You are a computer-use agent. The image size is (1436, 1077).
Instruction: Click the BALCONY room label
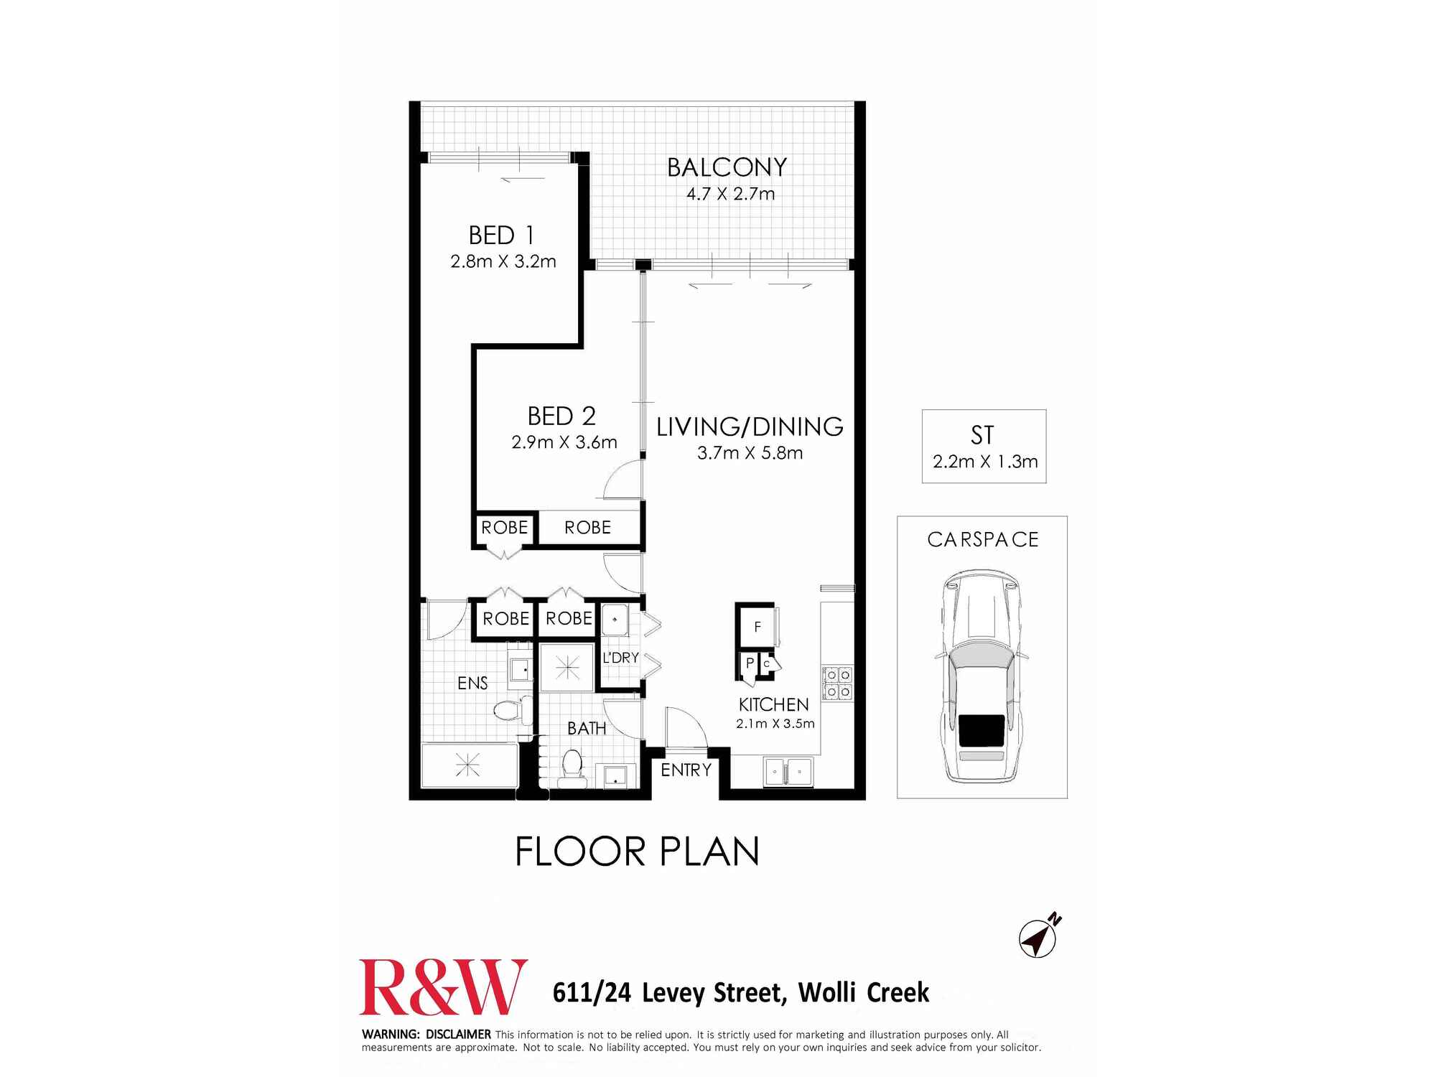pyautogui.click(x=727, y=167)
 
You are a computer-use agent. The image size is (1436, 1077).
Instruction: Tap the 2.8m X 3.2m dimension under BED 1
pyautogui.click(x=503, y=261)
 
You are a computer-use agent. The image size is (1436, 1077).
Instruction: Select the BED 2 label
pyautogui.click(x=561, y=416)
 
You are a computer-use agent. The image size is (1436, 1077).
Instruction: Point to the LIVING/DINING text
pyautogui.click(x=750, y=427)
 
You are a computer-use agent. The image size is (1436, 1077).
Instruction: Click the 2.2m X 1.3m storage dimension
pyautogui.click(x=984, y=462)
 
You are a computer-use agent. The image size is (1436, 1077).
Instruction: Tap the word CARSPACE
pyautogui.click(x=982, y=540)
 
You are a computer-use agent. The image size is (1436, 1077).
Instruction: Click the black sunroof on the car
pyautogui.click(x=982, y=730)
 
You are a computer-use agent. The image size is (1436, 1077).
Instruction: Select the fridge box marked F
pyautogui.click(x=757, y=627)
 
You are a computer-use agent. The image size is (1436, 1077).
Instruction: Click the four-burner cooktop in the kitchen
pyautogui.click(x=837, y=683)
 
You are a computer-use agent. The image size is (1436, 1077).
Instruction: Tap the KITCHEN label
pyautogui.click(x=773, y=704)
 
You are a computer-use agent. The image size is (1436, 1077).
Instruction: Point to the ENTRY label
pyautogui.click(x=686, y=770)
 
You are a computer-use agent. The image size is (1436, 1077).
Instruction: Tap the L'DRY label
pyautogui.click(x=620, y=658)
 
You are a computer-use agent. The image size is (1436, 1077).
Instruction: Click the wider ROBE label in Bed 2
pyautogui.click(x=587, y=528)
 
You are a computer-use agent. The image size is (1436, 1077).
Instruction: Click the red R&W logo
pyautogui.click(x=443, y=987)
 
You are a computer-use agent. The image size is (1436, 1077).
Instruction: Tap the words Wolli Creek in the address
pyautogui.click(x=863, y=992)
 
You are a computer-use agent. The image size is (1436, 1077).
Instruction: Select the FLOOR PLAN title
pyautogui.click(x=637, y=852)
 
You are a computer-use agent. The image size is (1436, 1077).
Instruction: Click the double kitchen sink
pyautogui.click(x=788, y=772)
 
